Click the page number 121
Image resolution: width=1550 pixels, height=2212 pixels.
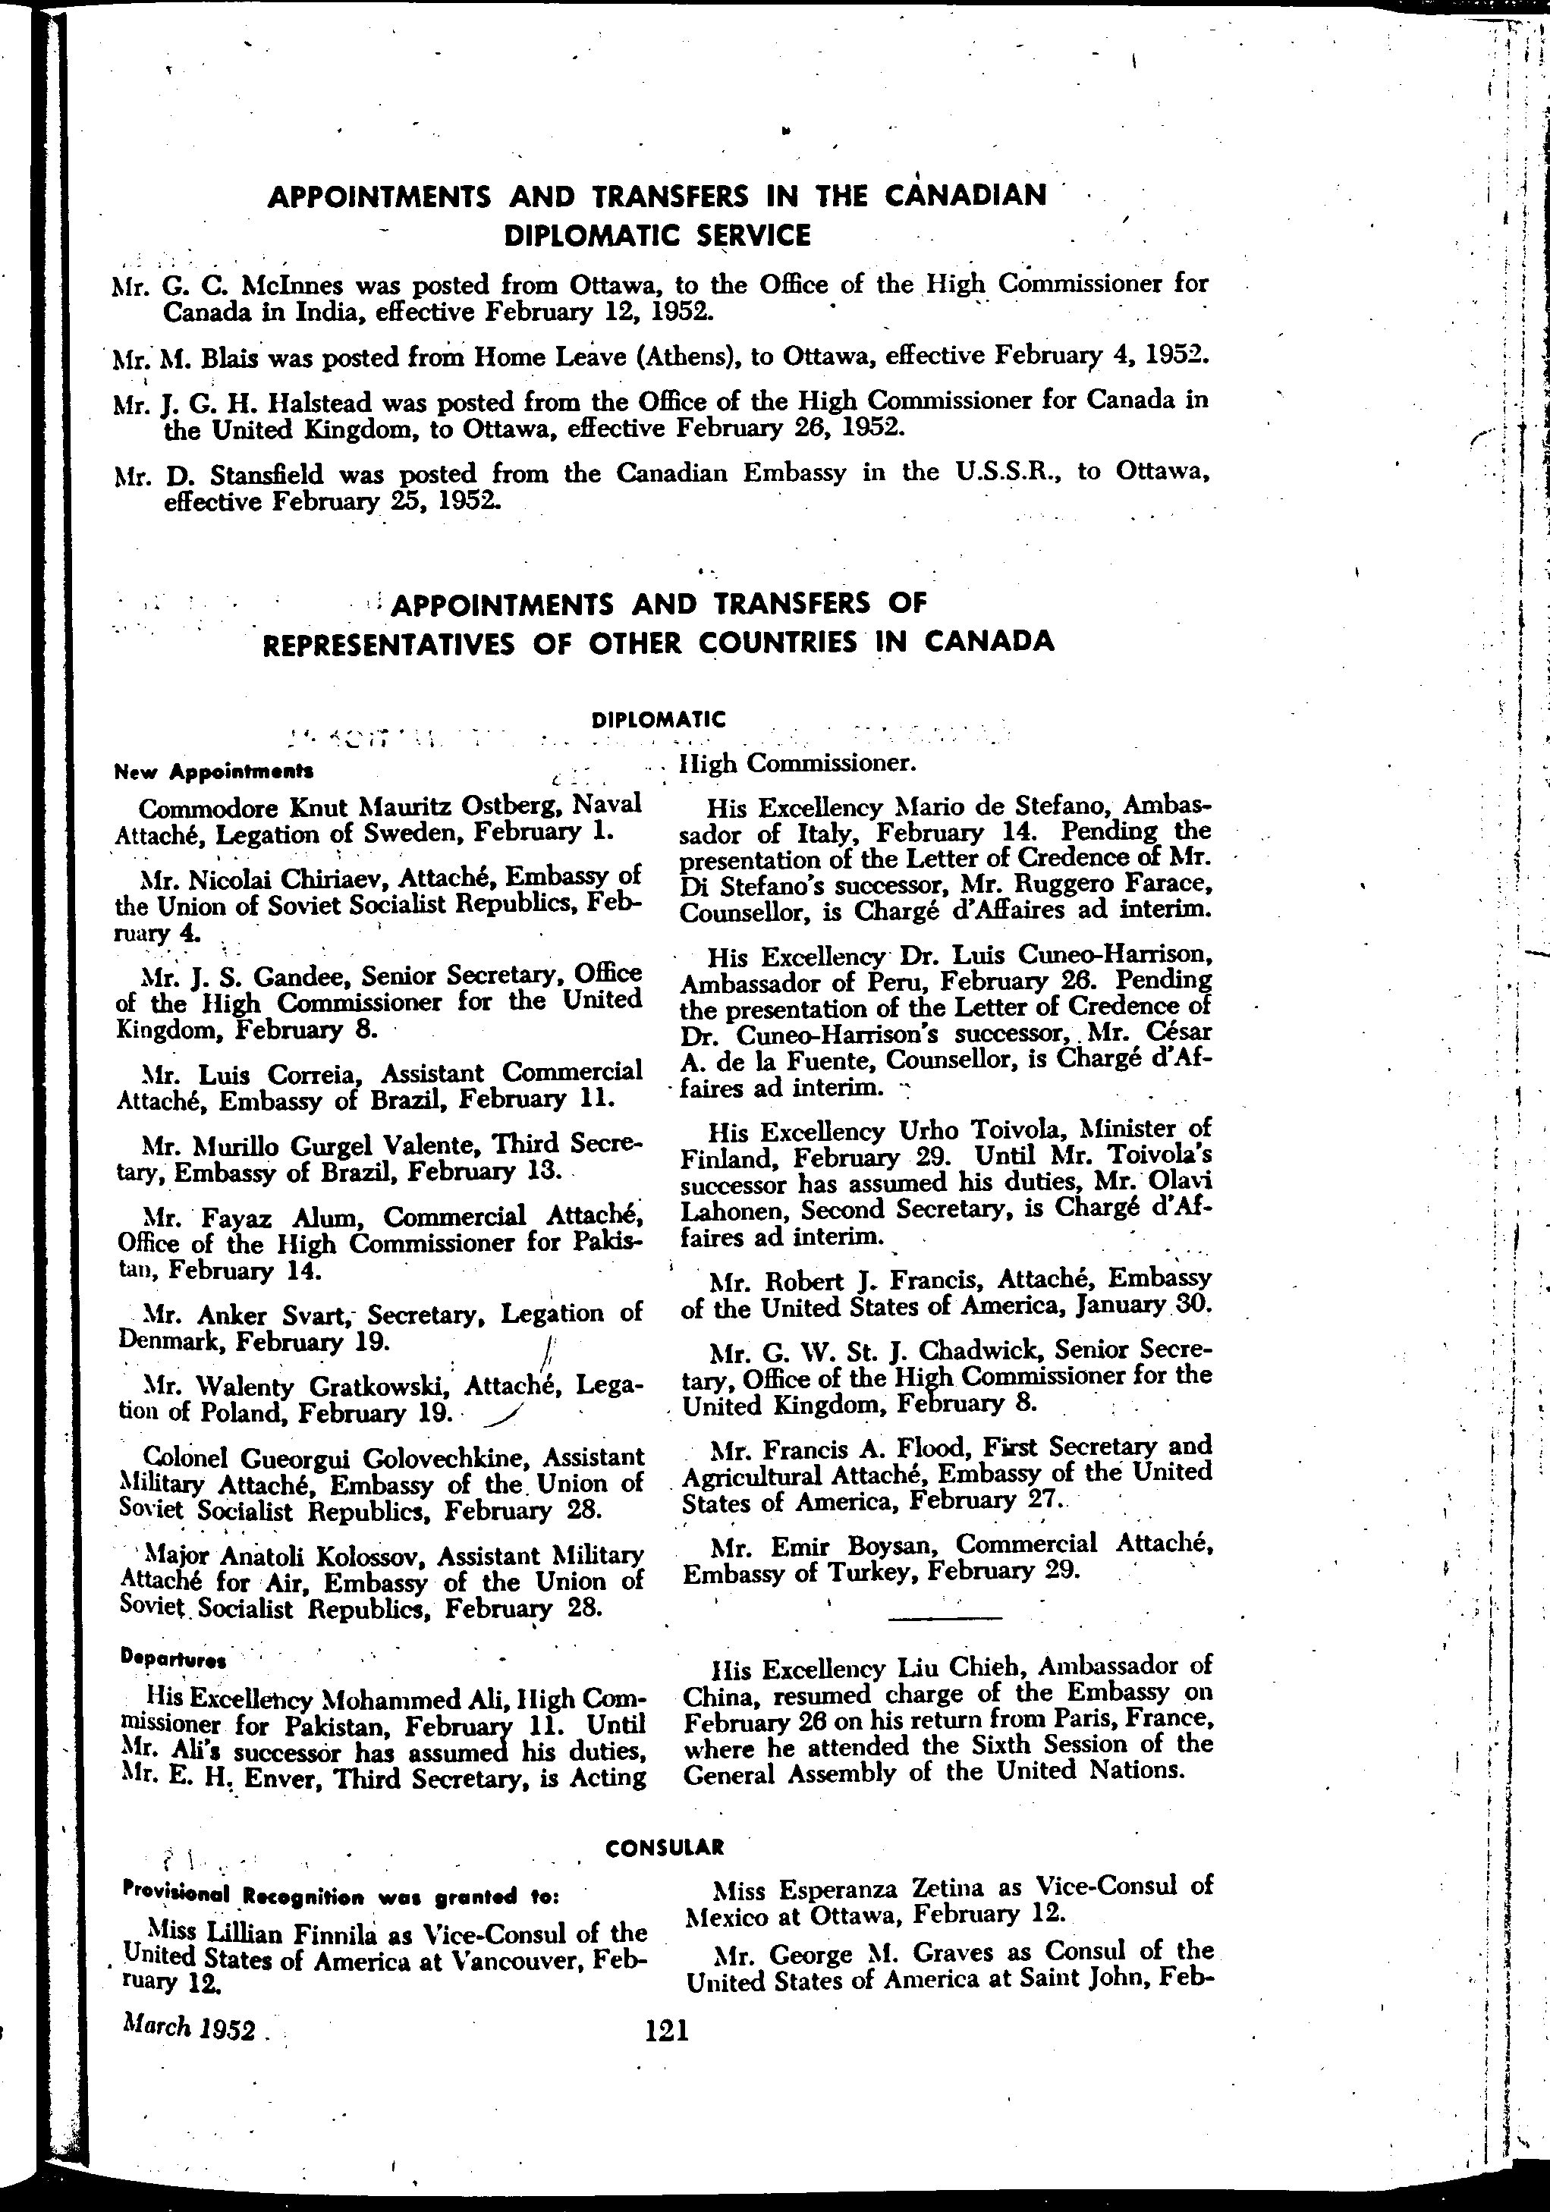[x=667, y=2030]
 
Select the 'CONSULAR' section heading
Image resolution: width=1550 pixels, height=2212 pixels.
[x=664, y=1847]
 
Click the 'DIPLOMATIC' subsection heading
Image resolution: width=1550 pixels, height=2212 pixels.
[x=658, y=718]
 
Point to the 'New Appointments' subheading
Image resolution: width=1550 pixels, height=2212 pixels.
[x=213, y=771]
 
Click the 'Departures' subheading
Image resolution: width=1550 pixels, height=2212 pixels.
[x=174, y=1659]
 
